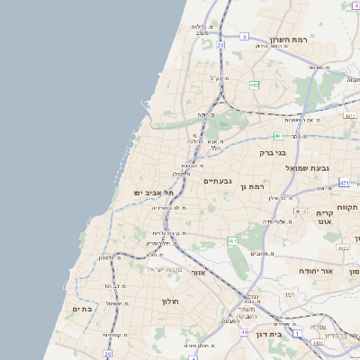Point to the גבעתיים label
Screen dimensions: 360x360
[218, 181]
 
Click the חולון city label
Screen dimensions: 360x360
[172, 301]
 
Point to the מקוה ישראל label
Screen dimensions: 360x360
[164, 269]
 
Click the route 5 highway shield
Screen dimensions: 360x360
[244, 37]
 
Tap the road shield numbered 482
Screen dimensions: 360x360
[255, 85]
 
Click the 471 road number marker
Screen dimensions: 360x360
[344, 183]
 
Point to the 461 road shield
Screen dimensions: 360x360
[232, 240]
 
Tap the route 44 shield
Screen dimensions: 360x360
[244, 333]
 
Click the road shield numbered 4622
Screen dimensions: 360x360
[343, 247]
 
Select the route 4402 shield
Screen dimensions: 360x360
[318, 343]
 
